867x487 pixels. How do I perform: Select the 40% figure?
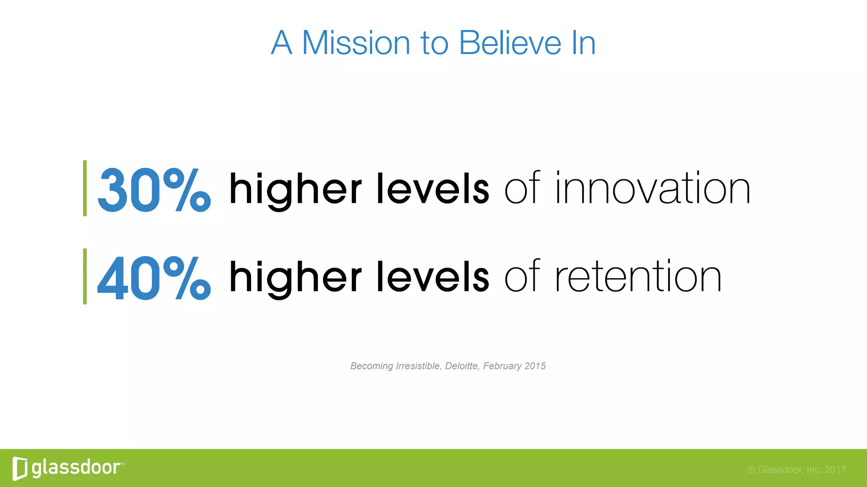click(x=154, y=278)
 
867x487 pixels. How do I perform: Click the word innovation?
click(x=653, y=188)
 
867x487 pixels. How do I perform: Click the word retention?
click(x=638, y=276)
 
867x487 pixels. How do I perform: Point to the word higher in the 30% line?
click(x=295, y=189)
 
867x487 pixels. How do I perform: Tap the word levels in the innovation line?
click(x=433, y=188)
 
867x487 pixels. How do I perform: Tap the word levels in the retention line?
click(x=433, y=276)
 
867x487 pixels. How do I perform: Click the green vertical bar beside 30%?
click(x=85, y=188)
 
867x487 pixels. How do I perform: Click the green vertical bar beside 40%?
click(x=85, y=276)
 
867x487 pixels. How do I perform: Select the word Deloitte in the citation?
click(x=461, y=366)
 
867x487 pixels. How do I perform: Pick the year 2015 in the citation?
click(x=535, y=366)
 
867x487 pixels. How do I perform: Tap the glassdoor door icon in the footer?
click(x=19, y=468)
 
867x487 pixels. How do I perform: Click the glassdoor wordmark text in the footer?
click(x=76, y=468)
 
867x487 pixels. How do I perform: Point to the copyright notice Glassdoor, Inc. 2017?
click(x=797, y=470)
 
